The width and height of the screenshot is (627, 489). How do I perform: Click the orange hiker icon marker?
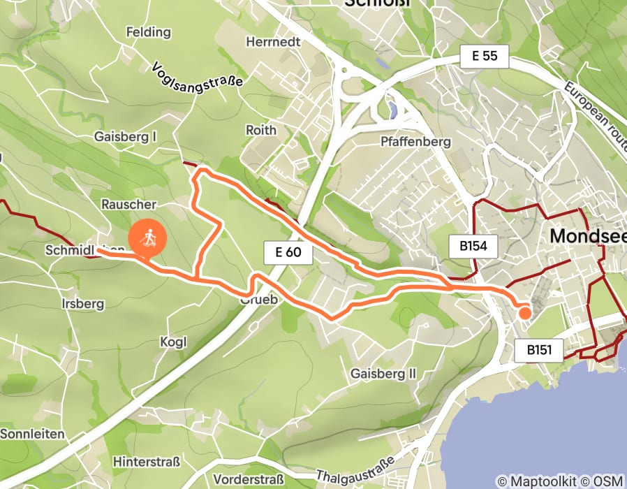(148, 240)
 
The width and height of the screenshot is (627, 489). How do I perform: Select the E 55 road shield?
(485, 57)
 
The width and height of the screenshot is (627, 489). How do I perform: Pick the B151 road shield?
(539, 350)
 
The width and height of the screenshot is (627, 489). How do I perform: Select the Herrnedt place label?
(273, 42)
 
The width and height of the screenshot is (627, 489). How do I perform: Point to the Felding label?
(148, 32)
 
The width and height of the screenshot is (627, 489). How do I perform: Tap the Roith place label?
(261, 130)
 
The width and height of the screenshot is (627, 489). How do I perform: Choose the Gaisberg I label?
(125, 137)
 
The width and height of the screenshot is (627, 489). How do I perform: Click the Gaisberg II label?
(383, 374)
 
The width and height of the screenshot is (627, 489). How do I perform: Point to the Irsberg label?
(83, 304)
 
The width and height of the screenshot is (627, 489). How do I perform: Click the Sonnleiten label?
(32, 434)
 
